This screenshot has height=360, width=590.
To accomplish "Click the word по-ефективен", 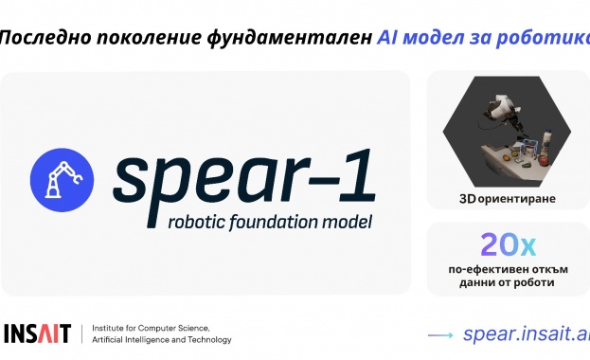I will [486, 270].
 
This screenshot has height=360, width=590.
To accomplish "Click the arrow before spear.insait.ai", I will [441, 334].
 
